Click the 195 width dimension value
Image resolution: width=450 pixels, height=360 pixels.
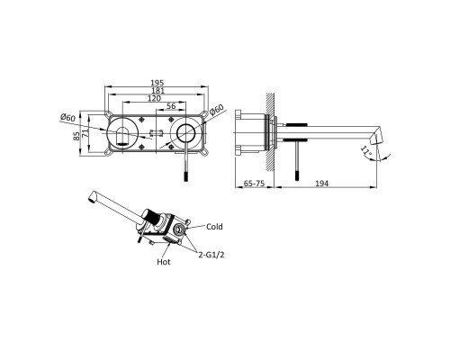(x=157, y=83)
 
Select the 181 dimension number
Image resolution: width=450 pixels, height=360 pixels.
(x=157, y=90)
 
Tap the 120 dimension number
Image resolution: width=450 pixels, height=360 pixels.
(x=154, y=98)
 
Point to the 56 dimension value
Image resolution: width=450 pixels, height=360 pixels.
(x=171, y=106)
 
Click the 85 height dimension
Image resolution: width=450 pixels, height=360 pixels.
(x=77, y=136)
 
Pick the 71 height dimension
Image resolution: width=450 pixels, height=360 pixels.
(x=85, y=133)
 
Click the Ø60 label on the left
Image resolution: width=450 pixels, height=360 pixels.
(x=67, y=117)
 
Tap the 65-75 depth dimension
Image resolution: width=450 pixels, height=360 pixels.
(x=254, y=183)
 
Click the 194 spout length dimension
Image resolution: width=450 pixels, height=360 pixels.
(x=322, y=183)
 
